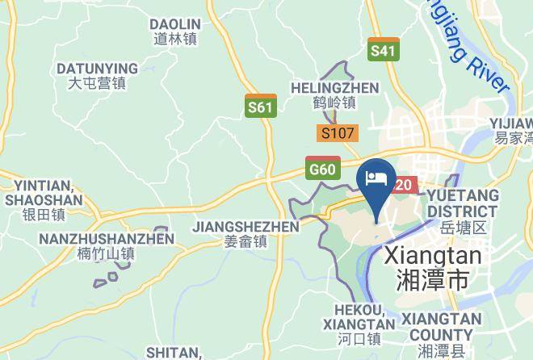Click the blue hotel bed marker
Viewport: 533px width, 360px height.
(x=376, y=180)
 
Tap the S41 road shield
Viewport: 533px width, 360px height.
(x=383, y=50)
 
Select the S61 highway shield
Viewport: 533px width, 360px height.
(x=260, y=107)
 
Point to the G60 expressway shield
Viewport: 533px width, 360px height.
(x=322, y=168)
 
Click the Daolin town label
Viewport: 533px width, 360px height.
(x=175, y=31)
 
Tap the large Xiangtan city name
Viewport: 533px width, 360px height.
(x=434, y=256)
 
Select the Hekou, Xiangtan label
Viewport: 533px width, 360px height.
(x=360, y=316)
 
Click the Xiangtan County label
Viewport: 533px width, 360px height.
(x=440, y=327)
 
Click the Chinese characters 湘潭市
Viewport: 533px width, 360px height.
(x=434, y=281)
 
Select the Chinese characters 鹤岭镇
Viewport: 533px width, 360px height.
(x=335, y=103)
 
